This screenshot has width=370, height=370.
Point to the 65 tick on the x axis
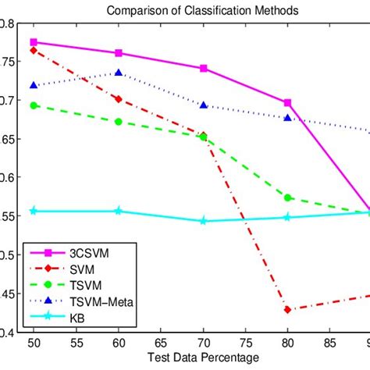160,343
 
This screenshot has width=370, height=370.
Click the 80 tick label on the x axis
288,343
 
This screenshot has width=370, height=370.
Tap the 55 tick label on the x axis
76,343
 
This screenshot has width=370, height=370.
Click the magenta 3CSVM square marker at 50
33,42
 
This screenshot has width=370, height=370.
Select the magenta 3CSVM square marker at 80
288,102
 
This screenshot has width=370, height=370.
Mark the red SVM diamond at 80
288,310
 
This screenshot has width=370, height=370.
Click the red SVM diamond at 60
118,99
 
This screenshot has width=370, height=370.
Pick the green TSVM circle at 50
33,105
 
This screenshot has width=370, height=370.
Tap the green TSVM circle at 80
288,197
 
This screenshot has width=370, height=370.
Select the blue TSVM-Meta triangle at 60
118,73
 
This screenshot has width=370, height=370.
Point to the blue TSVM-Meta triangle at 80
288,118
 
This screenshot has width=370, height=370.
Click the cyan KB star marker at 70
203,221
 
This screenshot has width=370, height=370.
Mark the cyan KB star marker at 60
118,211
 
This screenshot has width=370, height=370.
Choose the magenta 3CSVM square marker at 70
203,69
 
